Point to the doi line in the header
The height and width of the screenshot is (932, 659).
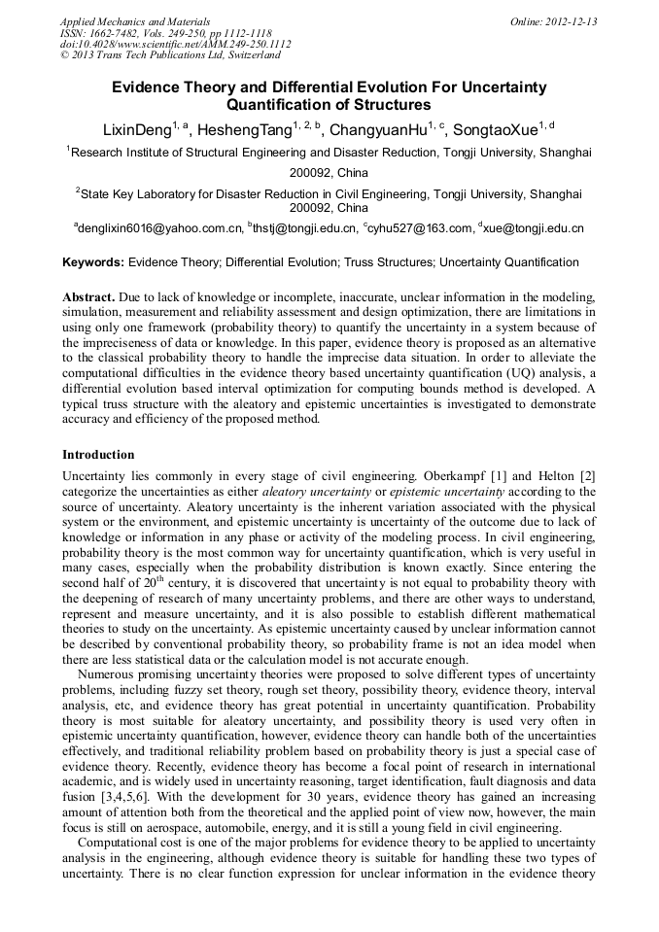coord(175,44)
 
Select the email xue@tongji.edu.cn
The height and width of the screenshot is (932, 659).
coord(534,228)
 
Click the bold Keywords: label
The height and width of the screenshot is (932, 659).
coord(93,262)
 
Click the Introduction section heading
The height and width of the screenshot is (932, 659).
coord(98,455)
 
